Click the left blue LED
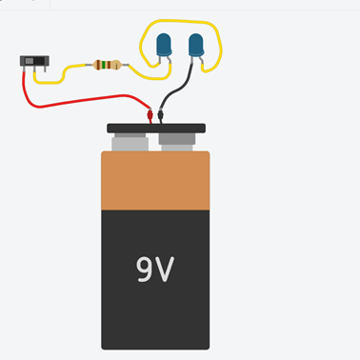(163, 44)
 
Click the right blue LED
(196, 44)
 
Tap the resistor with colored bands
(107, 66)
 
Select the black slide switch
(34, 63)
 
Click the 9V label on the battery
(156, 270)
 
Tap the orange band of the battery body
(155, 180)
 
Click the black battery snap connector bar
(156, 128)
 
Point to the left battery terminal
(130, 144)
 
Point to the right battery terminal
(178, 144)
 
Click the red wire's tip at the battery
(150, 116)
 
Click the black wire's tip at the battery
(160, 117)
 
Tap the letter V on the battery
(168, 270)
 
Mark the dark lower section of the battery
(155, 305)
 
